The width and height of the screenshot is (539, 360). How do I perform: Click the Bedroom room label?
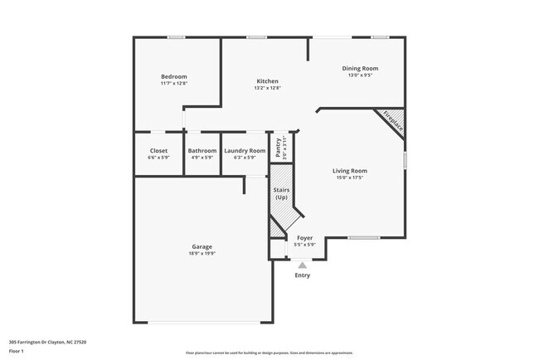(174, 76)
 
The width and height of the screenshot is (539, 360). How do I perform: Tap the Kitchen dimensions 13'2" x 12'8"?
(267, 87)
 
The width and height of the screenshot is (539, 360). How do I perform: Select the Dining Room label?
(360, 68)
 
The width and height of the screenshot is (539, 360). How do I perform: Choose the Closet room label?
(158, 150)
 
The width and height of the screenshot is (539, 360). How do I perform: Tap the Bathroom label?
(202, 150)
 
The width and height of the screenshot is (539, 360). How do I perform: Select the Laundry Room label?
(245, 150)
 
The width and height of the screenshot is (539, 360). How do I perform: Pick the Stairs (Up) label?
(281, 194)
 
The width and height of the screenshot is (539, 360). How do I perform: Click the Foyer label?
(305, 238)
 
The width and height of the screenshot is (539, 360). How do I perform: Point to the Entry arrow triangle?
(303, 265)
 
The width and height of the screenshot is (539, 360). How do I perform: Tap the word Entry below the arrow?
(303, 275)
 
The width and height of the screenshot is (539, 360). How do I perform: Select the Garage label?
(202, 246)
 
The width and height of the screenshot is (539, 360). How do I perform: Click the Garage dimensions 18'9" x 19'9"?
(202, 253)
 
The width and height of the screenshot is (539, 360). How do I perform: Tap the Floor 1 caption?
(17, 351)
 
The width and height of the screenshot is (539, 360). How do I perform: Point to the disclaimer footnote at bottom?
(269, 353)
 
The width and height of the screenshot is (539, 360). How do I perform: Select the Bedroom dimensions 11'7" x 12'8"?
(174, 83)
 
